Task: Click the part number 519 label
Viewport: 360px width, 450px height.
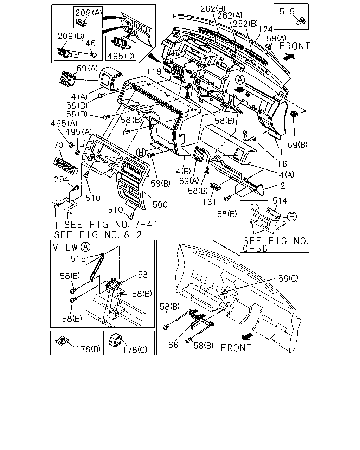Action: (287, 11)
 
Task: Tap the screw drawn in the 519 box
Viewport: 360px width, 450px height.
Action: (301, 21)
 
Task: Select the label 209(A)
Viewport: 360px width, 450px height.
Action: (89, 13)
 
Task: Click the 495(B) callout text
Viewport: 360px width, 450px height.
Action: (121, 56)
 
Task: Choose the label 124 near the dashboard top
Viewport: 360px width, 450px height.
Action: (265, 30)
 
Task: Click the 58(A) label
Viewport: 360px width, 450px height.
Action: (276, 38)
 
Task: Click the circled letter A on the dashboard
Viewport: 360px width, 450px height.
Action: (240, 80)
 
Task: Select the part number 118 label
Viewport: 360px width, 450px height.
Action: (154, 72)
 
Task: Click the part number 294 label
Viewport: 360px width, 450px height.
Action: (61, 179)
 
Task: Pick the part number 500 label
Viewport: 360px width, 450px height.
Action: (160, 205)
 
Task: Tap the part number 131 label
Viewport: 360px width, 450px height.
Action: (210, 202)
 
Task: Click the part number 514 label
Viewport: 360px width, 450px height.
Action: (280, 201)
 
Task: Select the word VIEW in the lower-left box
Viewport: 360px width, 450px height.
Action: (65, 247)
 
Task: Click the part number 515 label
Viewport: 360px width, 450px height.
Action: (78, 259)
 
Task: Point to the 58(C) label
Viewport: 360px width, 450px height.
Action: (288, 278)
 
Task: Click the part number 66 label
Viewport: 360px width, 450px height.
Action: (173, 345)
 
